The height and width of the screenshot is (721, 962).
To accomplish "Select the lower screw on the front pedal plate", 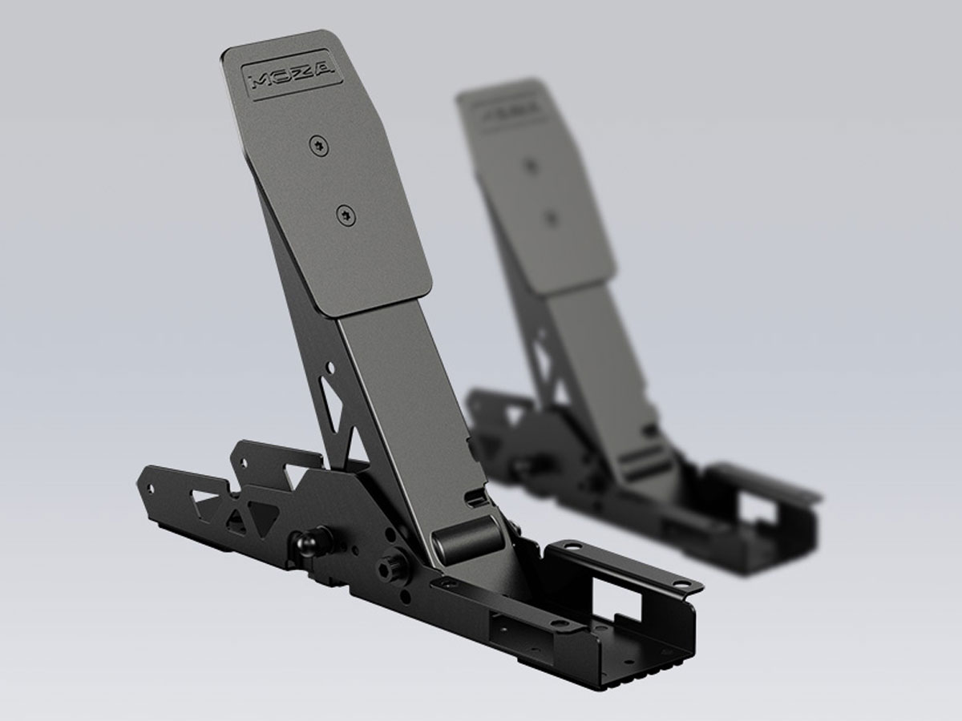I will (x=345, y=213).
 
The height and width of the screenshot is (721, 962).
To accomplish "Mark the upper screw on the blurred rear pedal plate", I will (x=530, y=166).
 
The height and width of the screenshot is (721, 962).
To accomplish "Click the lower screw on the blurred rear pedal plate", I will (x=550, y=216).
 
